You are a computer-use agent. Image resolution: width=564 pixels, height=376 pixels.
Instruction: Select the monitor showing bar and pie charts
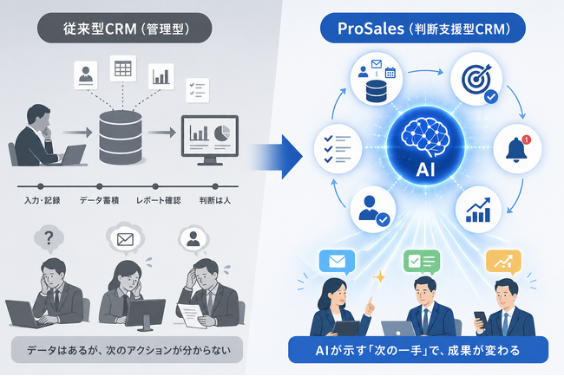(x=209, y=139)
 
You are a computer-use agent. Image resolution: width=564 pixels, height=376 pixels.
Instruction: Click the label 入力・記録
(x=42, y=200)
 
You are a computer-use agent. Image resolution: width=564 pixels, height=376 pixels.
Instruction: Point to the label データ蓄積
(x=102, y=200)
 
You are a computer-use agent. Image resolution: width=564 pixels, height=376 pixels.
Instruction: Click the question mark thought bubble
(x=50, y=237)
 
